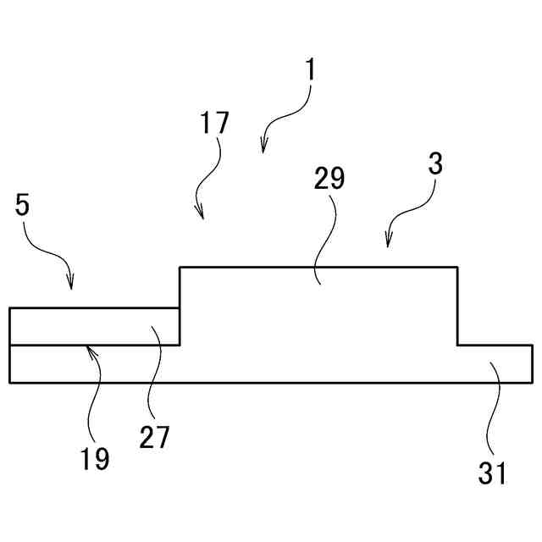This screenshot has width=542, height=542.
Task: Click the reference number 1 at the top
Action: coord(311,69)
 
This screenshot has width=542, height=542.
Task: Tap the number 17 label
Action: coord(215,123)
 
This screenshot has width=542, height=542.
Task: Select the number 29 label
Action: coord(329,179)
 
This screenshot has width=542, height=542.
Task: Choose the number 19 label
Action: coord(96,458)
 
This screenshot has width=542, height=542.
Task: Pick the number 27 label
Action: coord(155,437)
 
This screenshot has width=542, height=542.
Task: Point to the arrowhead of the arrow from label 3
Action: coord(388,246)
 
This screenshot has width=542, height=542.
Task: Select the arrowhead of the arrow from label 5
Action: coord(71,286)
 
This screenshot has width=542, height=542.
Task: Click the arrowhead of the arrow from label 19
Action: coord(88,346)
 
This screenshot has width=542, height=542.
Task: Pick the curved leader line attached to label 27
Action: coord(151,373)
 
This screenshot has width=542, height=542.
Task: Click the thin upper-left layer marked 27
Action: coord(93,326)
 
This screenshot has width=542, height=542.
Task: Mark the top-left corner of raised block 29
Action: coord(180,268)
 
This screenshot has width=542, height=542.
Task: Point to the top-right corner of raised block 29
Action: coord(457,268)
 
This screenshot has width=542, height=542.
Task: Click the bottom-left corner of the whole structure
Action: coord(10,383)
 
